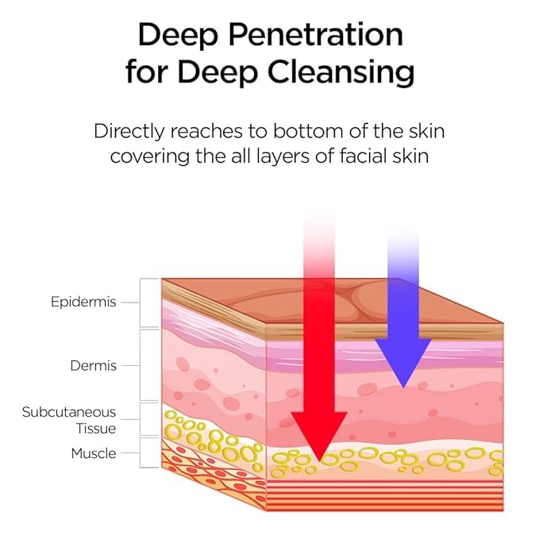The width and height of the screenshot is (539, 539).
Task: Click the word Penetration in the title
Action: (316, 35)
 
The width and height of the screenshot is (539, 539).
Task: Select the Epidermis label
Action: (83, 302)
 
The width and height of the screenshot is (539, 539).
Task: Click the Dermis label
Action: (93, 366)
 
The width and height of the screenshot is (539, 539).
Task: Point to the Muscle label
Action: (94, 453)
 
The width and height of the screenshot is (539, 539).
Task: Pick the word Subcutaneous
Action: (69, 412)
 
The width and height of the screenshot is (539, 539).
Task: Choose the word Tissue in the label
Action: (95, 429)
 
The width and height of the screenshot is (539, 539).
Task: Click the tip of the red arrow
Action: (319, 461)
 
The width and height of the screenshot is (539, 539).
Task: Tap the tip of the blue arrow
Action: (403, 387)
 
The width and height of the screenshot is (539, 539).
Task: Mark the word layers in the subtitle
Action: (283, 157)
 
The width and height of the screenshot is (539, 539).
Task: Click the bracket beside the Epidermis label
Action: (141, 302)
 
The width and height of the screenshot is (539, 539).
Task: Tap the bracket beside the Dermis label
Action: (141, 365)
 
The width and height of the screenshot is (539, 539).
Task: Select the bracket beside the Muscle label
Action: (141, 452)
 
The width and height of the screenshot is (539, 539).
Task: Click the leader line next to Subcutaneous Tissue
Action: (130, 419)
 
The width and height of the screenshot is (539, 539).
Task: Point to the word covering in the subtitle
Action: (150, 157)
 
